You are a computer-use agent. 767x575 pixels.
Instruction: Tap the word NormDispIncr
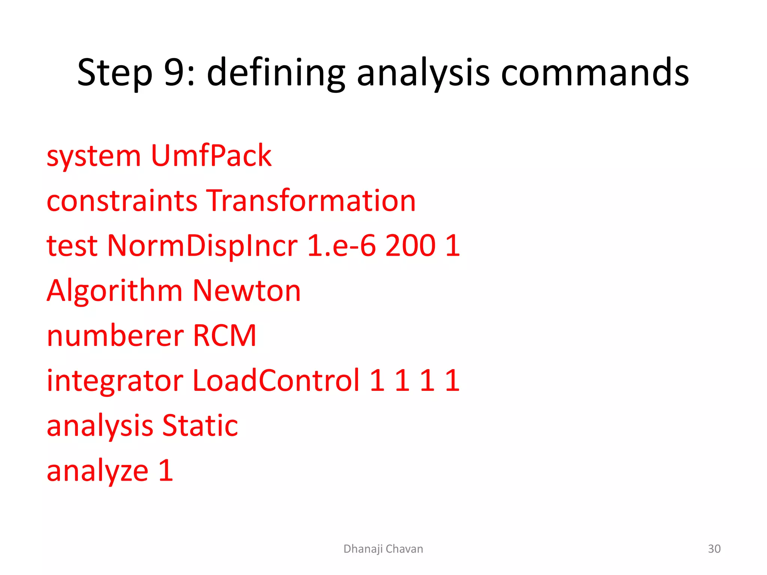pos(202,246)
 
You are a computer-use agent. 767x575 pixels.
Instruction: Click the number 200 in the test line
pos(410,246)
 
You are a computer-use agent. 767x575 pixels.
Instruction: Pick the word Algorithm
pos(114,291)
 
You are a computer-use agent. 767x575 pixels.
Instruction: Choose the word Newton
pos(246,291)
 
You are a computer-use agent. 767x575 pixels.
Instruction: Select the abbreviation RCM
pos(224,336)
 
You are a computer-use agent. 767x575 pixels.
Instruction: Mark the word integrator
pos(115,381)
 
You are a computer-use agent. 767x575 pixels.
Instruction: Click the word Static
pos(200,426)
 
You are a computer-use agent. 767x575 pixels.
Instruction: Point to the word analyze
pos(97,471)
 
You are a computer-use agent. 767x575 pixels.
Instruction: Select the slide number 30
pos(714,549)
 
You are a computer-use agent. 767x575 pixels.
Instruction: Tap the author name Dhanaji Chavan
pos(383,549)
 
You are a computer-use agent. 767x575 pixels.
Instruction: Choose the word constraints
pos(122,201)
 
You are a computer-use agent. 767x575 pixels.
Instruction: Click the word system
pos(94,156)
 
